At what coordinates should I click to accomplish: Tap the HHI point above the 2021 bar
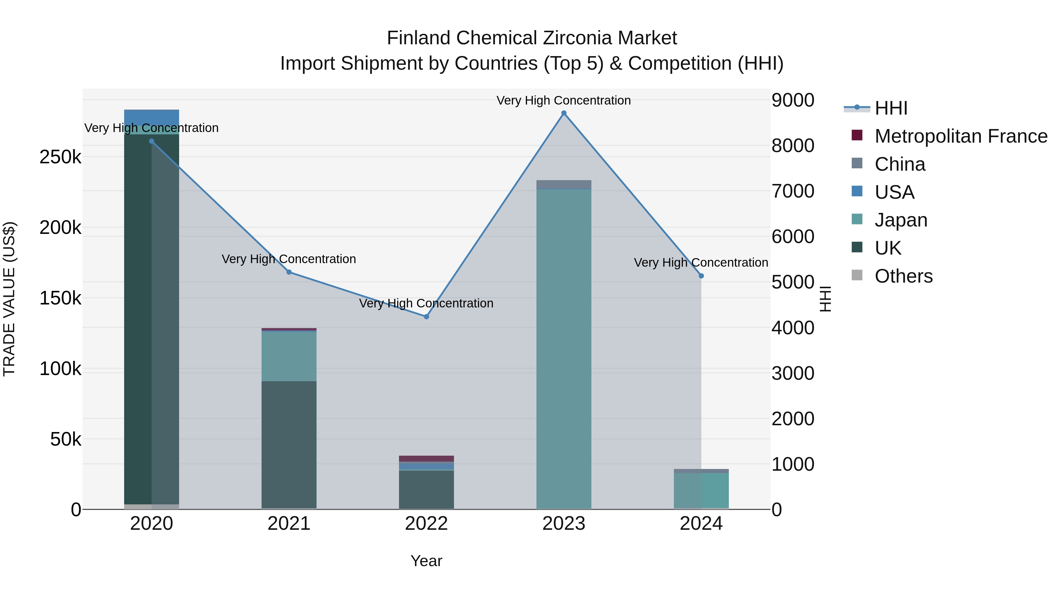289,272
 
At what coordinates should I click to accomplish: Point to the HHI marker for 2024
701,276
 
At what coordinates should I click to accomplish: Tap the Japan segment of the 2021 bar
289,356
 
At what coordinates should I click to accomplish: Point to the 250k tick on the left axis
60,157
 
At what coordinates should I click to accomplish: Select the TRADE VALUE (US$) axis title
9,299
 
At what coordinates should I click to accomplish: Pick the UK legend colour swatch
857,247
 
